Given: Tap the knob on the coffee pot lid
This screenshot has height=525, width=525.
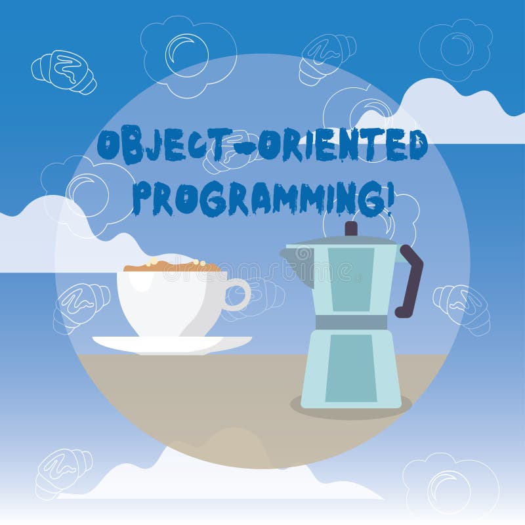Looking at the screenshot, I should point(351,228).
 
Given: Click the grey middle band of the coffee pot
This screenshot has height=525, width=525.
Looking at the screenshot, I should point(351,322).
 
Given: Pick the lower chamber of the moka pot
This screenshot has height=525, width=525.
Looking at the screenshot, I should point(351,367).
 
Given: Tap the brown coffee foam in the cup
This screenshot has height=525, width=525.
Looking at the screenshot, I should point(172,266).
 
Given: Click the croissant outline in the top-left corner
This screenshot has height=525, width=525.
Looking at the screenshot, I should point(63,70).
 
